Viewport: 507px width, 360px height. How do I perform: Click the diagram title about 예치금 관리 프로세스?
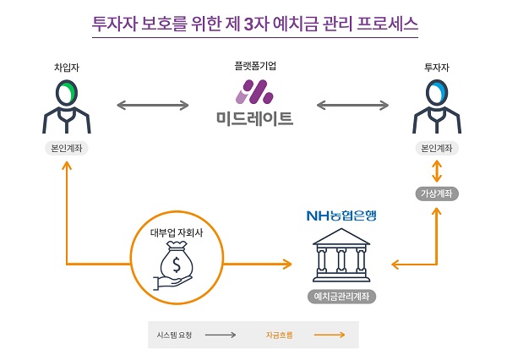253,23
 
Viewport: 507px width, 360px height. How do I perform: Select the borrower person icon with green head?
66,107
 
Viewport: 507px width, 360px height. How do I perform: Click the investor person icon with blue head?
436,107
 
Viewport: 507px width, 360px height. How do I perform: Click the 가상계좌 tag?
436,194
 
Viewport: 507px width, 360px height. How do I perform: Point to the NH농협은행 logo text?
344,215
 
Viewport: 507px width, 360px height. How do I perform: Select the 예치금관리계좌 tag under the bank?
342,297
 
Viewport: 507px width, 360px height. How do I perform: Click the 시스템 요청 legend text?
175,335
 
